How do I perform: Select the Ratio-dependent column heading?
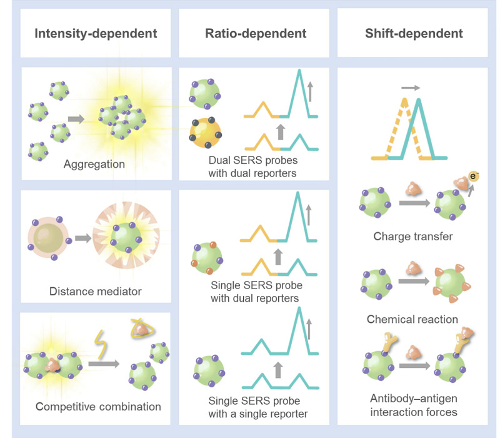255,33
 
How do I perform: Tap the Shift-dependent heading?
414,33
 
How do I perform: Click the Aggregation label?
94,165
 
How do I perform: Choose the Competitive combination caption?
98,406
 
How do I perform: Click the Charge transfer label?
412,237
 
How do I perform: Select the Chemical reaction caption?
412,319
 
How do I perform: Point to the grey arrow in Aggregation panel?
76,118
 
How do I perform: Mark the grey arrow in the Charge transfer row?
412,203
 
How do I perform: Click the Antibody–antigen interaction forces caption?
412,406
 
